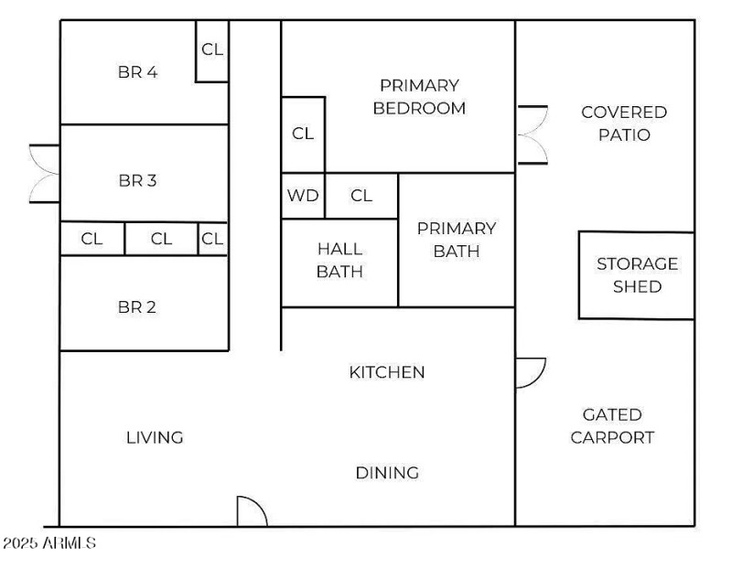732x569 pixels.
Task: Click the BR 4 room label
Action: (138, 72)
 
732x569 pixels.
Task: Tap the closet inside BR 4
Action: (212, 50)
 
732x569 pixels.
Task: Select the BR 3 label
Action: (138, 180)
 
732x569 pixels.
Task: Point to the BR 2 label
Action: (138, 306)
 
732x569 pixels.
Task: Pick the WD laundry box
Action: (303, 196)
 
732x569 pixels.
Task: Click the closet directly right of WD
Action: (361, 196)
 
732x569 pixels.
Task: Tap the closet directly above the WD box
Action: (303, 134)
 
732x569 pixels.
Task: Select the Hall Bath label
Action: (339, 260)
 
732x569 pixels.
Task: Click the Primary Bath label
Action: (456, 239)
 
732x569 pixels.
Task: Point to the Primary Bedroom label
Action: (419, 97)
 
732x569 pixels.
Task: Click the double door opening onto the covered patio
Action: (533, 134)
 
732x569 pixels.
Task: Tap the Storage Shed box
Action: (637, 274)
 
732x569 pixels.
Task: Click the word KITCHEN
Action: (387, 372)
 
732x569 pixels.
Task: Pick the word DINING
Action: (387, 473)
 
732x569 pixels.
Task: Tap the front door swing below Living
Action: (252, 512)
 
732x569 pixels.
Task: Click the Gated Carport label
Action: (612, 426)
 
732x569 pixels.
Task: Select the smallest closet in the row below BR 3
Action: (213, 239)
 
